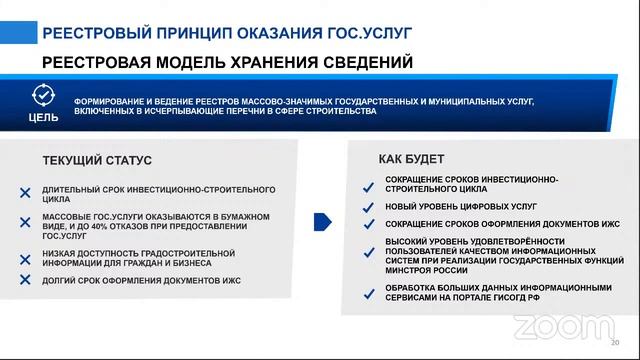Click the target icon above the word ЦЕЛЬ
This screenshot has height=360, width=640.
click(43, 96)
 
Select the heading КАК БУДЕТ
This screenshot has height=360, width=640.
click(411, 159)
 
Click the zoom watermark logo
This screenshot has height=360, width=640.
click(549, 326)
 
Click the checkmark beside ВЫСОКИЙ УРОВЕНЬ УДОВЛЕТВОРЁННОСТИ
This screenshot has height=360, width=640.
click(368, 252)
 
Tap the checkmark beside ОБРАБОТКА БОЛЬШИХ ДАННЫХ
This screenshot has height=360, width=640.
click(368, 292)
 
